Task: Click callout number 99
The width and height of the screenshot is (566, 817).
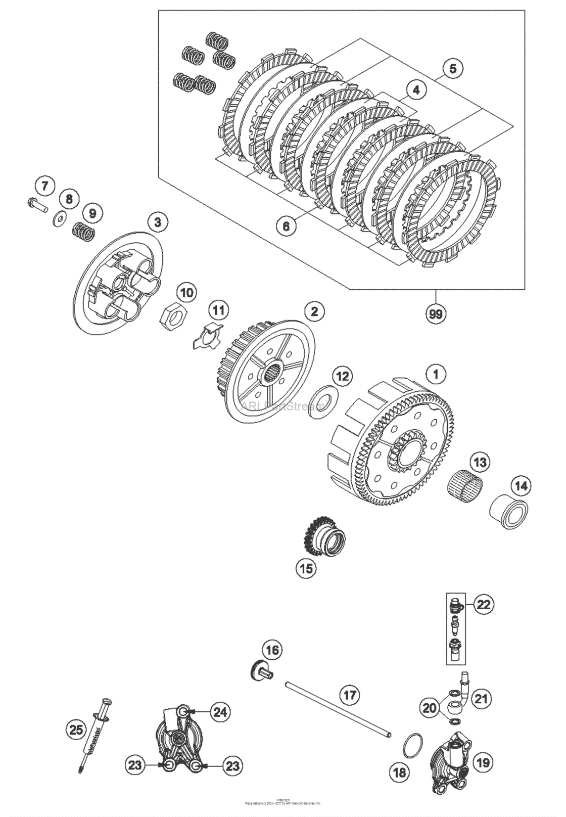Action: click(436, 314)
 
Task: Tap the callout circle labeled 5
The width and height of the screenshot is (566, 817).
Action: click(452, 68)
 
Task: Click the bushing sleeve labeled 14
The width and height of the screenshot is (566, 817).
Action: click(509, 513)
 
